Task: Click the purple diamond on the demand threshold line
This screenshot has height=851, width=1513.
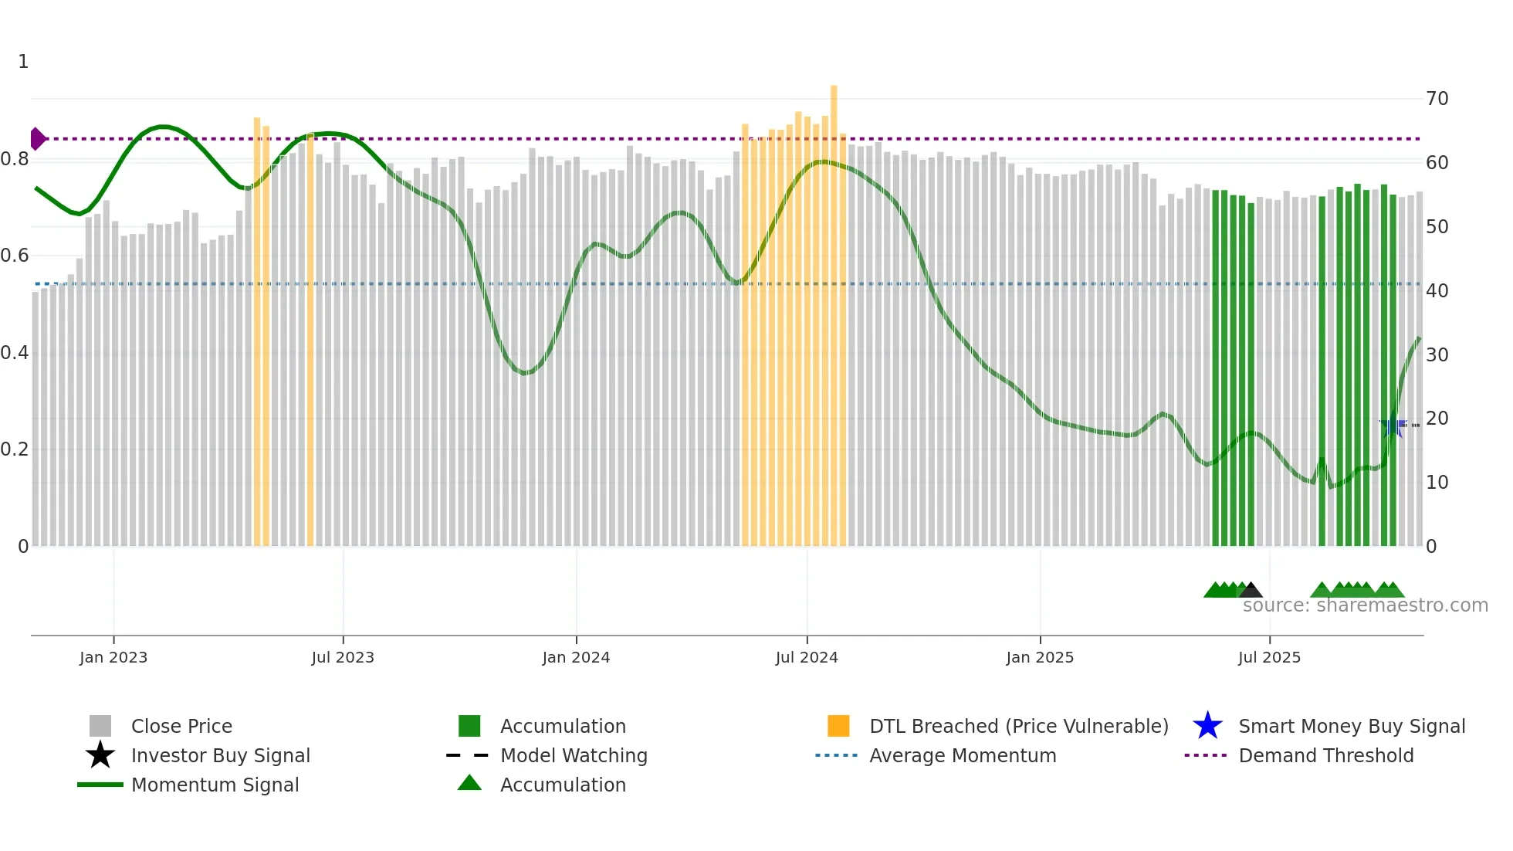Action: coord(37,139)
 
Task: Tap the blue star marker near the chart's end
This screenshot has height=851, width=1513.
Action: coord(1393,425)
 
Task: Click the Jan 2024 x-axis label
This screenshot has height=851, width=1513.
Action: coord(576,657)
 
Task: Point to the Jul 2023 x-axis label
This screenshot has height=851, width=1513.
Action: coord(343,657)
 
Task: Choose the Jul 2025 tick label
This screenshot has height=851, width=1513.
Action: coord(1269,657)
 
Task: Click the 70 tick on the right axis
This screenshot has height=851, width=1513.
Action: coord(1437,99)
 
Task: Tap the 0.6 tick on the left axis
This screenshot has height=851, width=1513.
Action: coord(15,256)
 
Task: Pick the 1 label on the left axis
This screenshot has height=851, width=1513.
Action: coord(23,62)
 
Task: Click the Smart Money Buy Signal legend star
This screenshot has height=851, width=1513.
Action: coord(1207,726)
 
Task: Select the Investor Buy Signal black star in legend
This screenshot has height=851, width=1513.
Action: coord(100,755)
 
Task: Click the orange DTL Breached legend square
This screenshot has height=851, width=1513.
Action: coord(838,726)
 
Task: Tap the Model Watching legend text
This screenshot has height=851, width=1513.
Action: coord(574,755)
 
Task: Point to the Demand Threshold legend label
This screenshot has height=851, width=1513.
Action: coord(1325,755)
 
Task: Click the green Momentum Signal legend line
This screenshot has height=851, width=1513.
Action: coord(100,785)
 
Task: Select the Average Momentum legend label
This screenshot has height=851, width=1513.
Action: coord(963,755)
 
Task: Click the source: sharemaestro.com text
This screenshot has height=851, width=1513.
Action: coord(1365,605)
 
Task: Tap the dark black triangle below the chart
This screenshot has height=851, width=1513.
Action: coord(1251,591)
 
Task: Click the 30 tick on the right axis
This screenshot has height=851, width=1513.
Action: coord(1437,354)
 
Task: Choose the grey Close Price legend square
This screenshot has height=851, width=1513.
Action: coord(100,726)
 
